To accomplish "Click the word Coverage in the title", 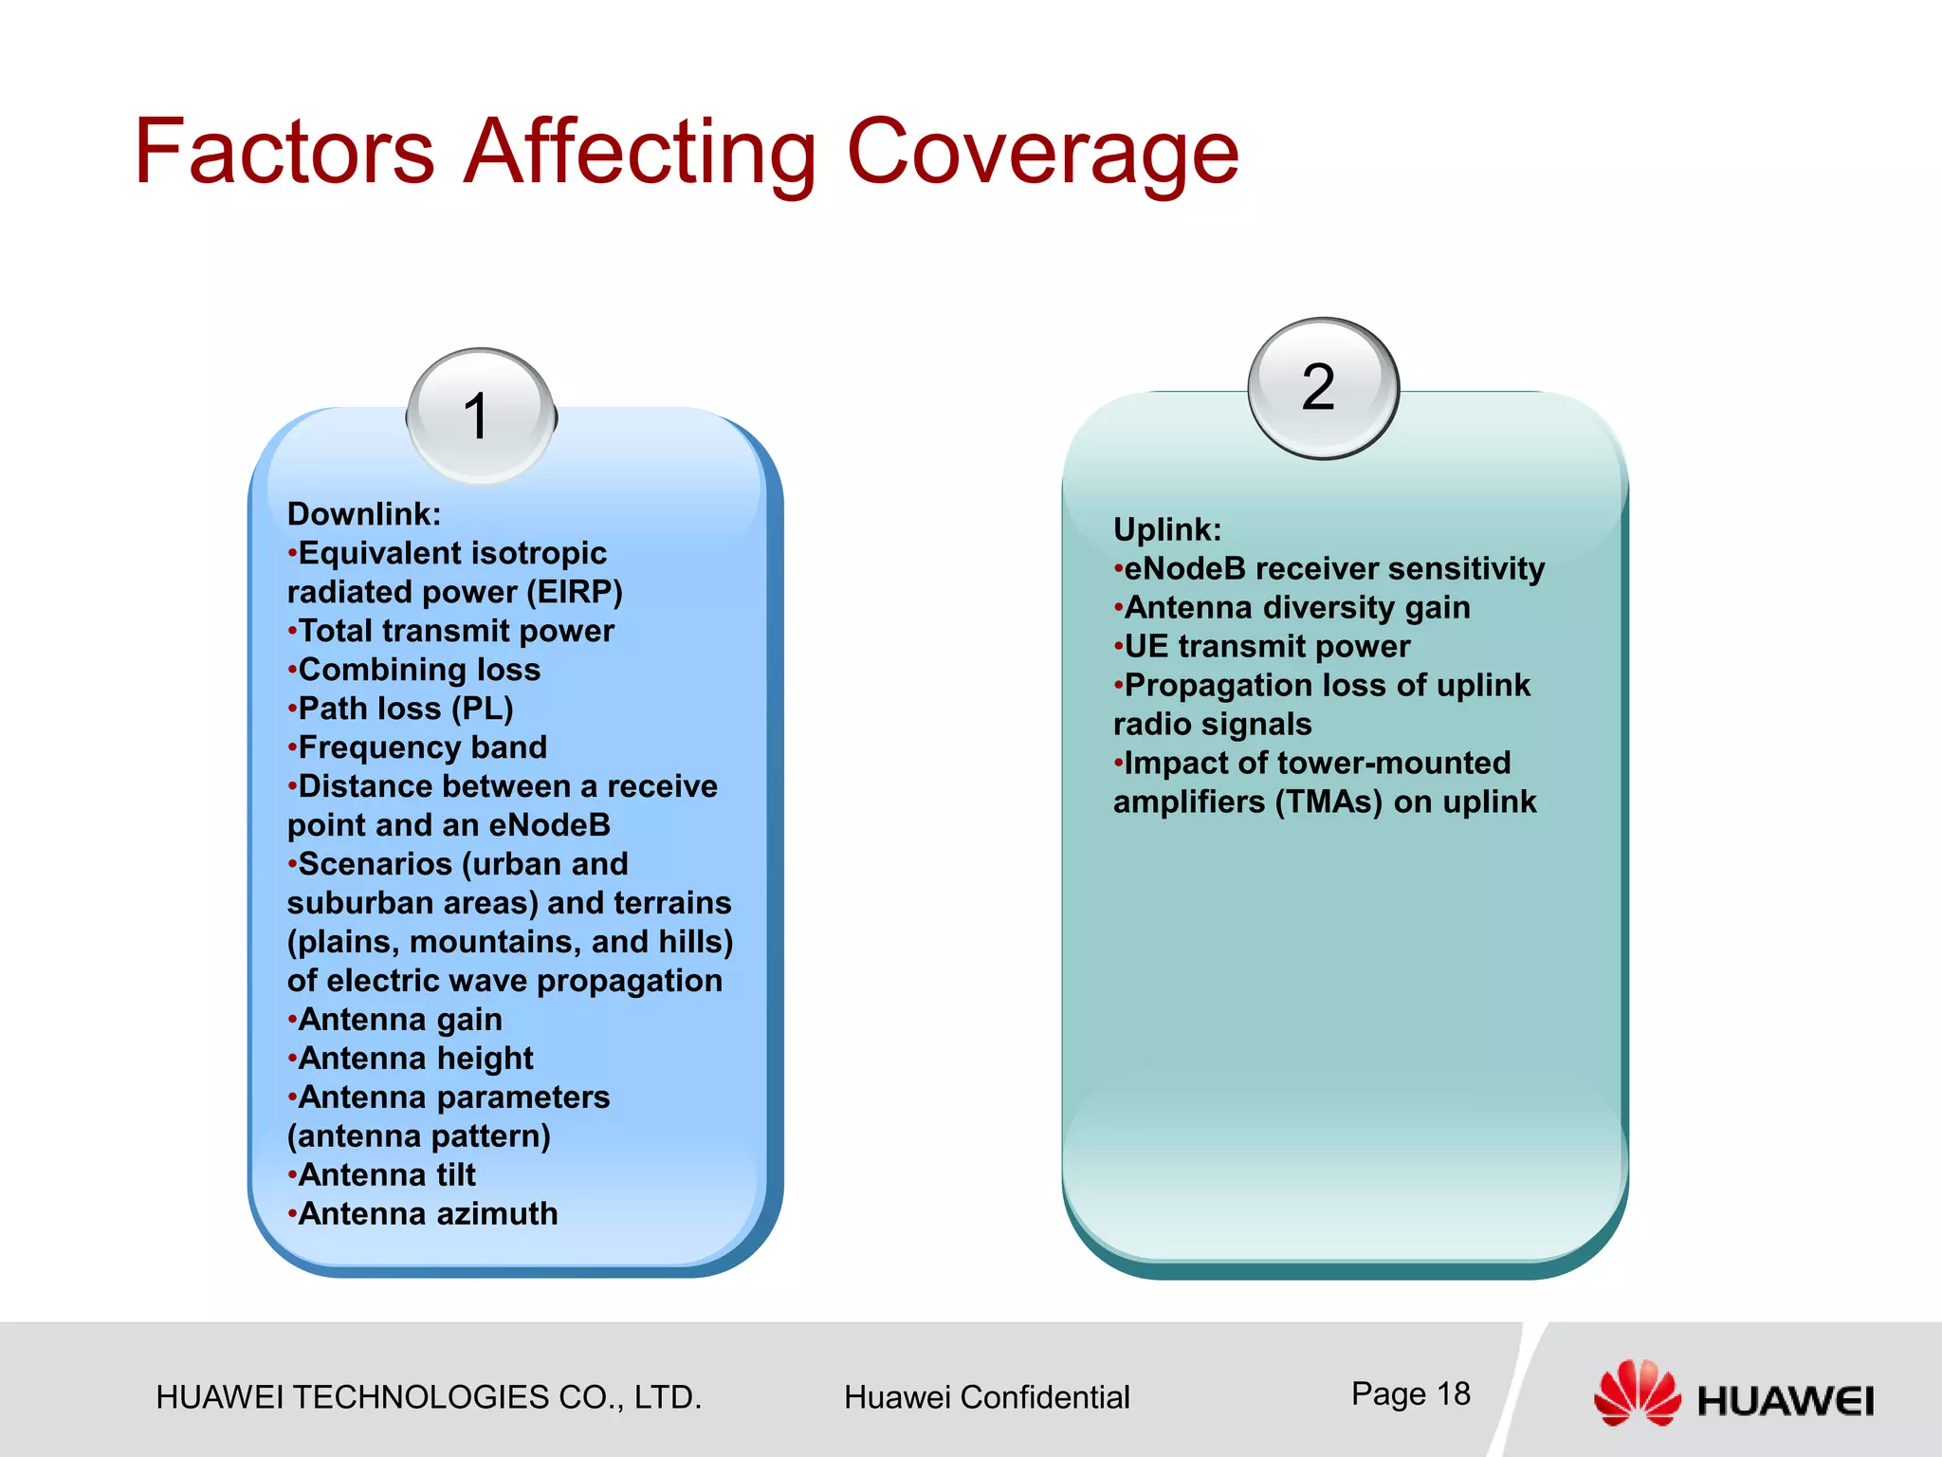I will pos(1041,152).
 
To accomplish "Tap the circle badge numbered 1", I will pos(482,416).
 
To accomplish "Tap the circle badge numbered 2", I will pos(1322,387).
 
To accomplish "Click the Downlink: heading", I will pos(364,514).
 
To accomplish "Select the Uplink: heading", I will pos(1167,529).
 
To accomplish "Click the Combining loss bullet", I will pos(417,670).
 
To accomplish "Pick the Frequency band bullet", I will pos(421,747).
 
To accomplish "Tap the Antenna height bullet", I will pos(414,1059).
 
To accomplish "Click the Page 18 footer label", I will pos(1410,1393).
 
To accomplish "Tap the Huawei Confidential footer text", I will pos(986,1397).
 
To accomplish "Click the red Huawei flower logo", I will pos(1636,1392).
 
